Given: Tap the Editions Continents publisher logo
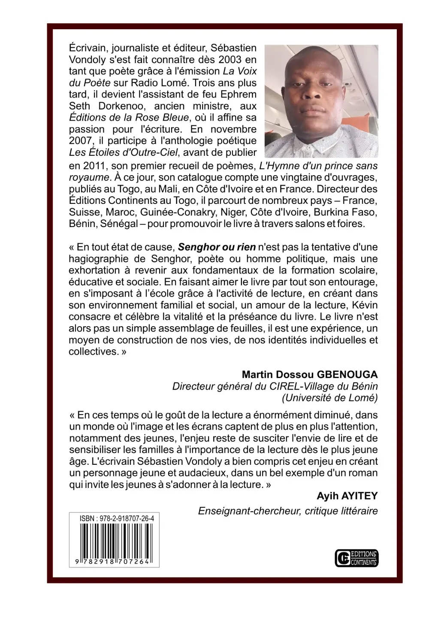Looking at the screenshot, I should click(x=356, y=557).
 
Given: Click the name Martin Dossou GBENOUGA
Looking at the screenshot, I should click(x=310, y=374).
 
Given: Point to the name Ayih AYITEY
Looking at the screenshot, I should click(x=347, y=496).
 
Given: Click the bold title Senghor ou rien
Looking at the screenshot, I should click(x=217, y=247).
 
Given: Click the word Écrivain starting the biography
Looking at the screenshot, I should click(x=86, y=48).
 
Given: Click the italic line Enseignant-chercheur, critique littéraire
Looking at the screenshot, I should click(x=288, y=511).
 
